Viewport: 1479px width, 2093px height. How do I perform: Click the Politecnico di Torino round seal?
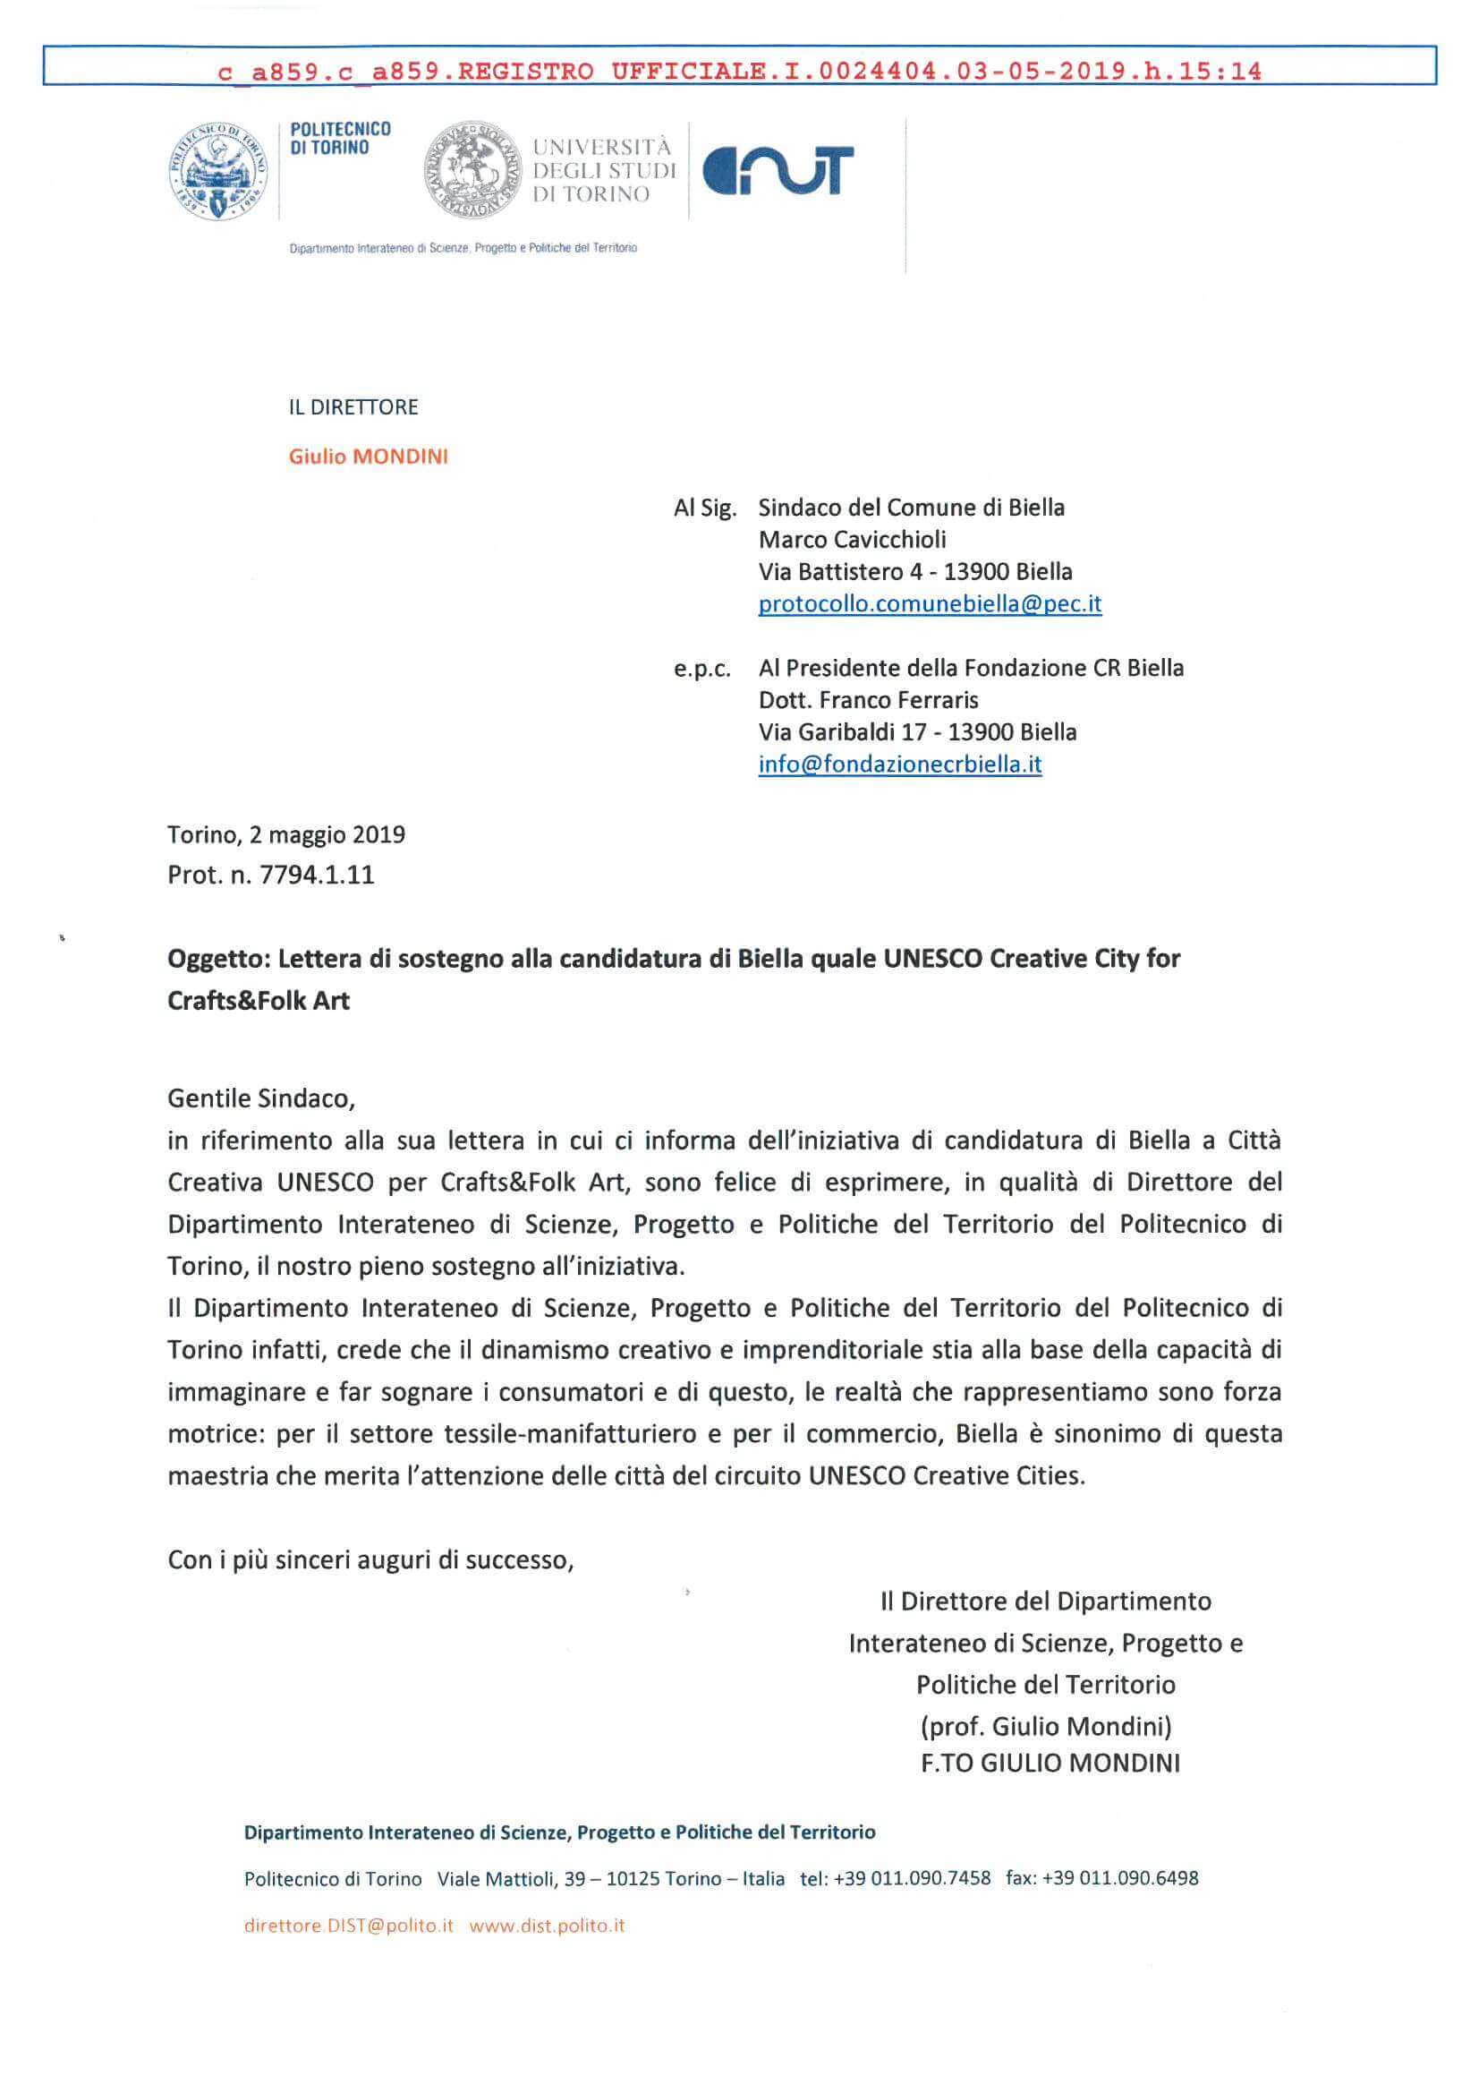point(219,171)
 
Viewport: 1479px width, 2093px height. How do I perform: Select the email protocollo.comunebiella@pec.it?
point(930,603)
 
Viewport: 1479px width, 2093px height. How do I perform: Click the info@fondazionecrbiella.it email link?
point(899,764)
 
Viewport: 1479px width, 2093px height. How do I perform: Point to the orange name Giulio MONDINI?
point(368,457)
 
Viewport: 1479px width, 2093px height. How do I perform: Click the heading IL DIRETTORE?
point(353,407)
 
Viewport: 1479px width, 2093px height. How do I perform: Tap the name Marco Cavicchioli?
point(852,540)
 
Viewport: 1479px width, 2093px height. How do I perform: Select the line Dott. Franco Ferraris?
point(868,700)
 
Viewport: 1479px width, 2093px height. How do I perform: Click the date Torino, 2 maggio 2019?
point(286,834)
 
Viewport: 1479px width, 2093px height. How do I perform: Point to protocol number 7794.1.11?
point(317,876)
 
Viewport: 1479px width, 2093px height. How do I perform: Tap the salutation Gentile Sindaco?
point(260,1098)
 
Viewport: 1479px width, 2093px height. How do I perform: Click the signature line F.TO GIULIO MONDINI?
point(1050,1763)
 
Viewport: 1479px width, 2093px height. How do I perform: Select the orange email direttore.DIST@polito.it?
point(349,1926)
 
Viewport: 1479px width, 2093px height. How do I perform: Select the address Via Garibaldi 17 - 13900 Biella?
point(917,732)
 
